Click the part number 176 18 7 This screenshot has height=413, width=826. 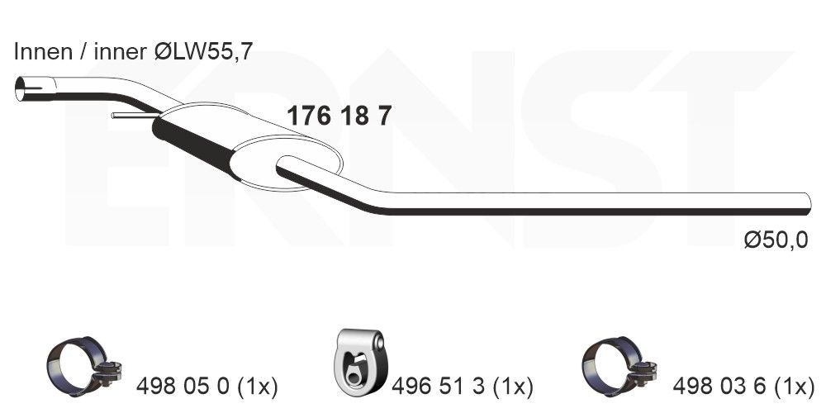pyautogui.click(x=339, y=116)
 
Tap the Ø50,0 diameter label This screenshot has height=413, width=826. pyautogui.click(x=776, y=240)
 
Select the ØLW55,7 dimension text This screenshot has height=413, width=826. pyautogui.click(x=204, y=51)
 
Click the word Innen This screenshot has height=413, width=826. pyautogui.click(x=44, y=51)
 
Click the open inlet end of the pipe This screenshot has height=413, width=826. pyautogui.click(x=21, y=88)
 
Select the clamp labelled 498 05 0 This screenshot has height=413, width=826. pyautogui.click(x=83, y=366)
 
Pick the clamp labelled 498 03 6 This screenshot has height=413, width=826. pyautogui.click(x=619, y=366)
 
